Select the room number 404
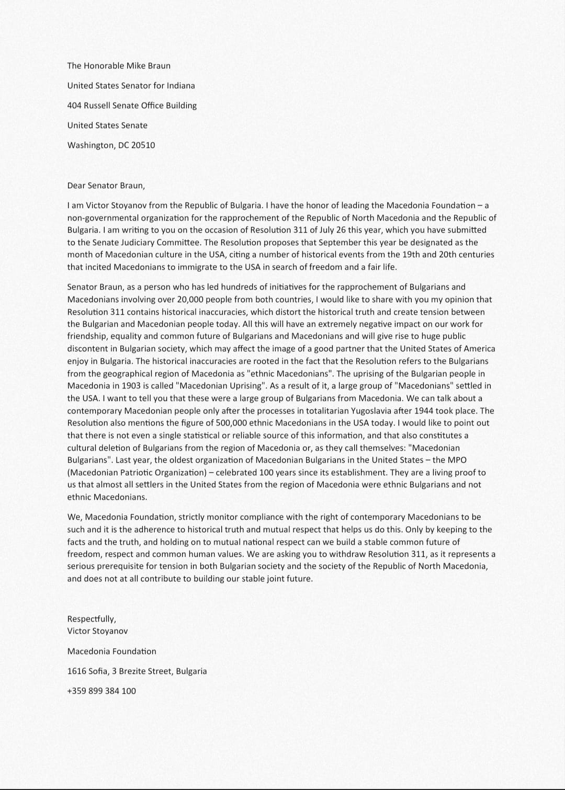[74, 106]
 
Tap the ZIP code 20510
[143, 145]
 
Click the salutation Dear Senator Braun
[106, 186]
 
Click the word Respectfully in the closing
[92, 619]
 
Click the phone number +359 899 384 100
[101, 691]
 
